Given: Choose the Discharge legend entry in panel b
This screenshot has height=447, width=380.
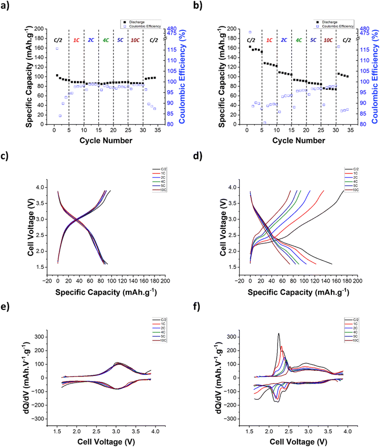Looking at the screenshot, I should pos(331,22).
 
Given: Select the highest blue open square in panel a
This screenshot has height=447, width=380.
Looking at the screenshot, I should pos(56,49).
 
